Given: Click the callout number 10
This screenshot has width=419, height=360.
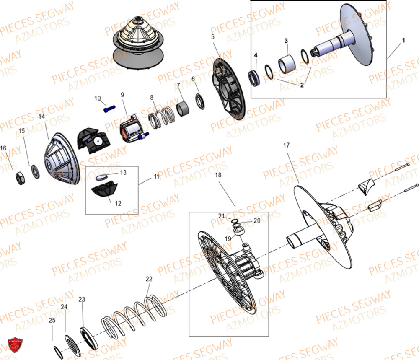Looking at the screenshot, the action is click(98, 98).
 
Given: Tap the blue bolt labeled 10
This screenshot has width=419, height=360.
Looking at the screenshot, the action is click(109, 109).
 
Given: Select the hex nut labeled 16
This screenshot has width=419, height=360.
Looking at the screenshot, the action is click(20, 178).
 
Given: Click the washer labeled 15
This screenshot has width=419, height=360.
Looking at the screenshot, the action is click(35, 171).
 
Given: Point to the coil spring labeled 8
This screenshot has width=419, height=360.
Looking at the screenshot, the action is click(162, 117).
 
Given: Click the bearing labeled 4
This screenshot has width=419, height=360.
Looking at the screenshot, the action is click(254, 78).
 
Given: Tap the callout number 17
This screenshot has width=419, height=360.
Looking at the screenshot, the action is click(286, 145).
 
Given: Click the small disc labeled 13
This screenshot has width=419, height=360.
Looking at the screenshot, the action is click(102, 177).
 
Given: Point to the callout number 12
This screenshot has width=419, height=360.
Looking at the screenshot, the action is click(118, 203).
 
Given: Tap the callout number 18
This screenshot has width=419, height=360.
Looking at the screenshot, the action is click(218, 175).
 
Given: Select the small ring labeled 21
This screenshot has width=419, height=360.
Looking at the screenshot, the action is click(235, 221).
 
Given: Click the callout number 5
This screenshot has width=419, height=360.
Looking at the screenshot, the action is click(213, 36).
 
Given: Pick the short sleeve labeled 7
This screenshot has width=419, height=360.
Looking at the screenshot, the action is click(183, 109).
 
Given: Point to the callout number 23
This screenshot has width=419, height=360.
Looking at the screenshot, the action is click(82, 299).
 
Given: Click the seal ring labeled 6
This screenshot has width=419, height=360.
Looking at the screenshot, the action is click(200, 101).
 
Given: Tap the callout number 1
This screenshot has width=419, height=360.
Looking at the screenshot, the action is click(403, 40).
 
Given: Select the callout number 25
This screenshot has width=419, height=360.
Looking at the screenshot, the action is click(52, 320).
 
